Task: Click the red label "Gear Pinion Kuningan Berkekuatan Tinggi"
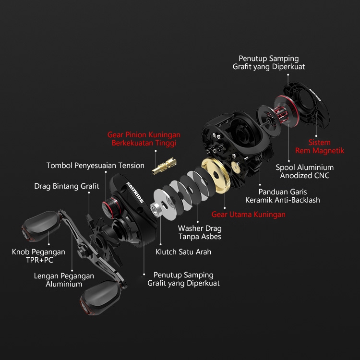pos(144,139)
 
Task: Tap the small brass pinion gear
pos(164,166)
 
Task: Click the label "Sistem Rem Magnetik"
pos(320,146)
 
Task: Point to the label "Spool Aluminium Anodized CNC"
pos(305,171)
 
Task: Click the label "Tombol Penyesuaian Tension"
pos(96,165)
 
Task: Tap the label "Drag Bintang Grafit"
pos(67,186)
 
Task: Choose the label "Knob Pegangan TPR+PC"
pos(38,256)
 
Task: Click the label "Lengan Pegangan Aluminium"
pos(64,280)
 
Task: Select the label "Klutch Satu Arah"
pos(183,252)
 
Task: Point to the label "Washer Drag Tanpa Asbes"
pos(200,232)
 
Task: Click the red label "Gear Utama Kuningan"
pos(249,215)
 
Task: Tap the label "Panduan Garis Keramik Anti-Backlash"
pos(283,196)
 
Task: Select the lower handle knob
pos(100,298)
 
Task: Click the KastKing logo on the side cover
pos(135,192)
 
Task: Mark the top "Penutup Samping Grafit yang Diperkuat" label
pos(269,62)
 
